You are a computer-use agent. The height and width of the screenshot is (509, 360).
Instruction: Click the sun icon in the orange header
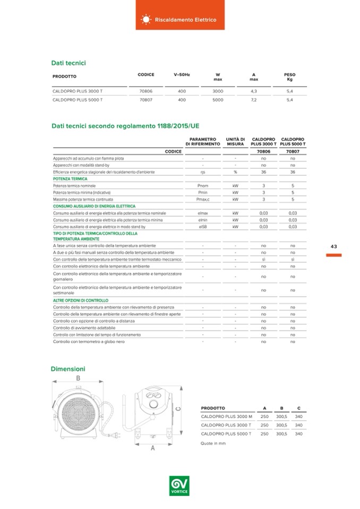pos(145,20)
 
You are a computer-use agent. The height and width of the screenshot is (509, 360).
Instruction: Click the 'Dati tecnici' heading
pos(68,63)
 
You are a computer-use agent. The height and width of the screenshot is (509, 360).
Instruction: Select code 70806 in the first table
pos(146,91)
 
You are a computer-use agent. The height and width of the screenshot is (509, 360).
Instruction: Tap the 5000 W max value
pos(218,99)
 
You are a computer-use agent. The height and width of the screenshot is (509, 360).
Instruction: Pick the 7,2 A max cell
pos(254,99)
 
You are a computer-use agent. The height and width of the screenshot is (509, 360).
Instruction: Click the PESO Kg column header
pos(289,77)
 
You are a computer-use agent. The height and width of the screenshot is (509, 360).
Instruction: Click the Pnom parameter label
pos(202,186)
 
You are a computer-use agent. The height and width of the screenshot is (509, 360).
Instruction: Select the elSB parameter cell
pos(202,227)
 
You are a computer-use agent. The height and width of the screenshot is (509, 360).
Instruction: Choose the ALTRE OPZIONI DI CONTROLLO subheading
pos(81,300)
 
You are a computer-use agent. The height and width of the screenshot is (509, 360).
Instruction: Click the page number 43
pos(334,246)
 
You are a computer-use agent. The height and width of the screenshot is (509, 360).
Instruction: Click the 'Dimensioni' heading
pos(68,368)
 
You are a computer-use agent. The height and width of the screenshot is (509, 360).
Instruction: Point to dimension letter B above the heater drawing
pos(78,378)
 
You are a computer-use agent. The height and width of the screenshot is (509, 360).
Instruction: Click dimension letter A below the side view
pos(152,448)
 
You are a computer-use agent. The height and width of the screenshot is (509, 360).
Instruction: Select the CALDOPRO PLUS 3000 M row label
pos(226,417)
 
